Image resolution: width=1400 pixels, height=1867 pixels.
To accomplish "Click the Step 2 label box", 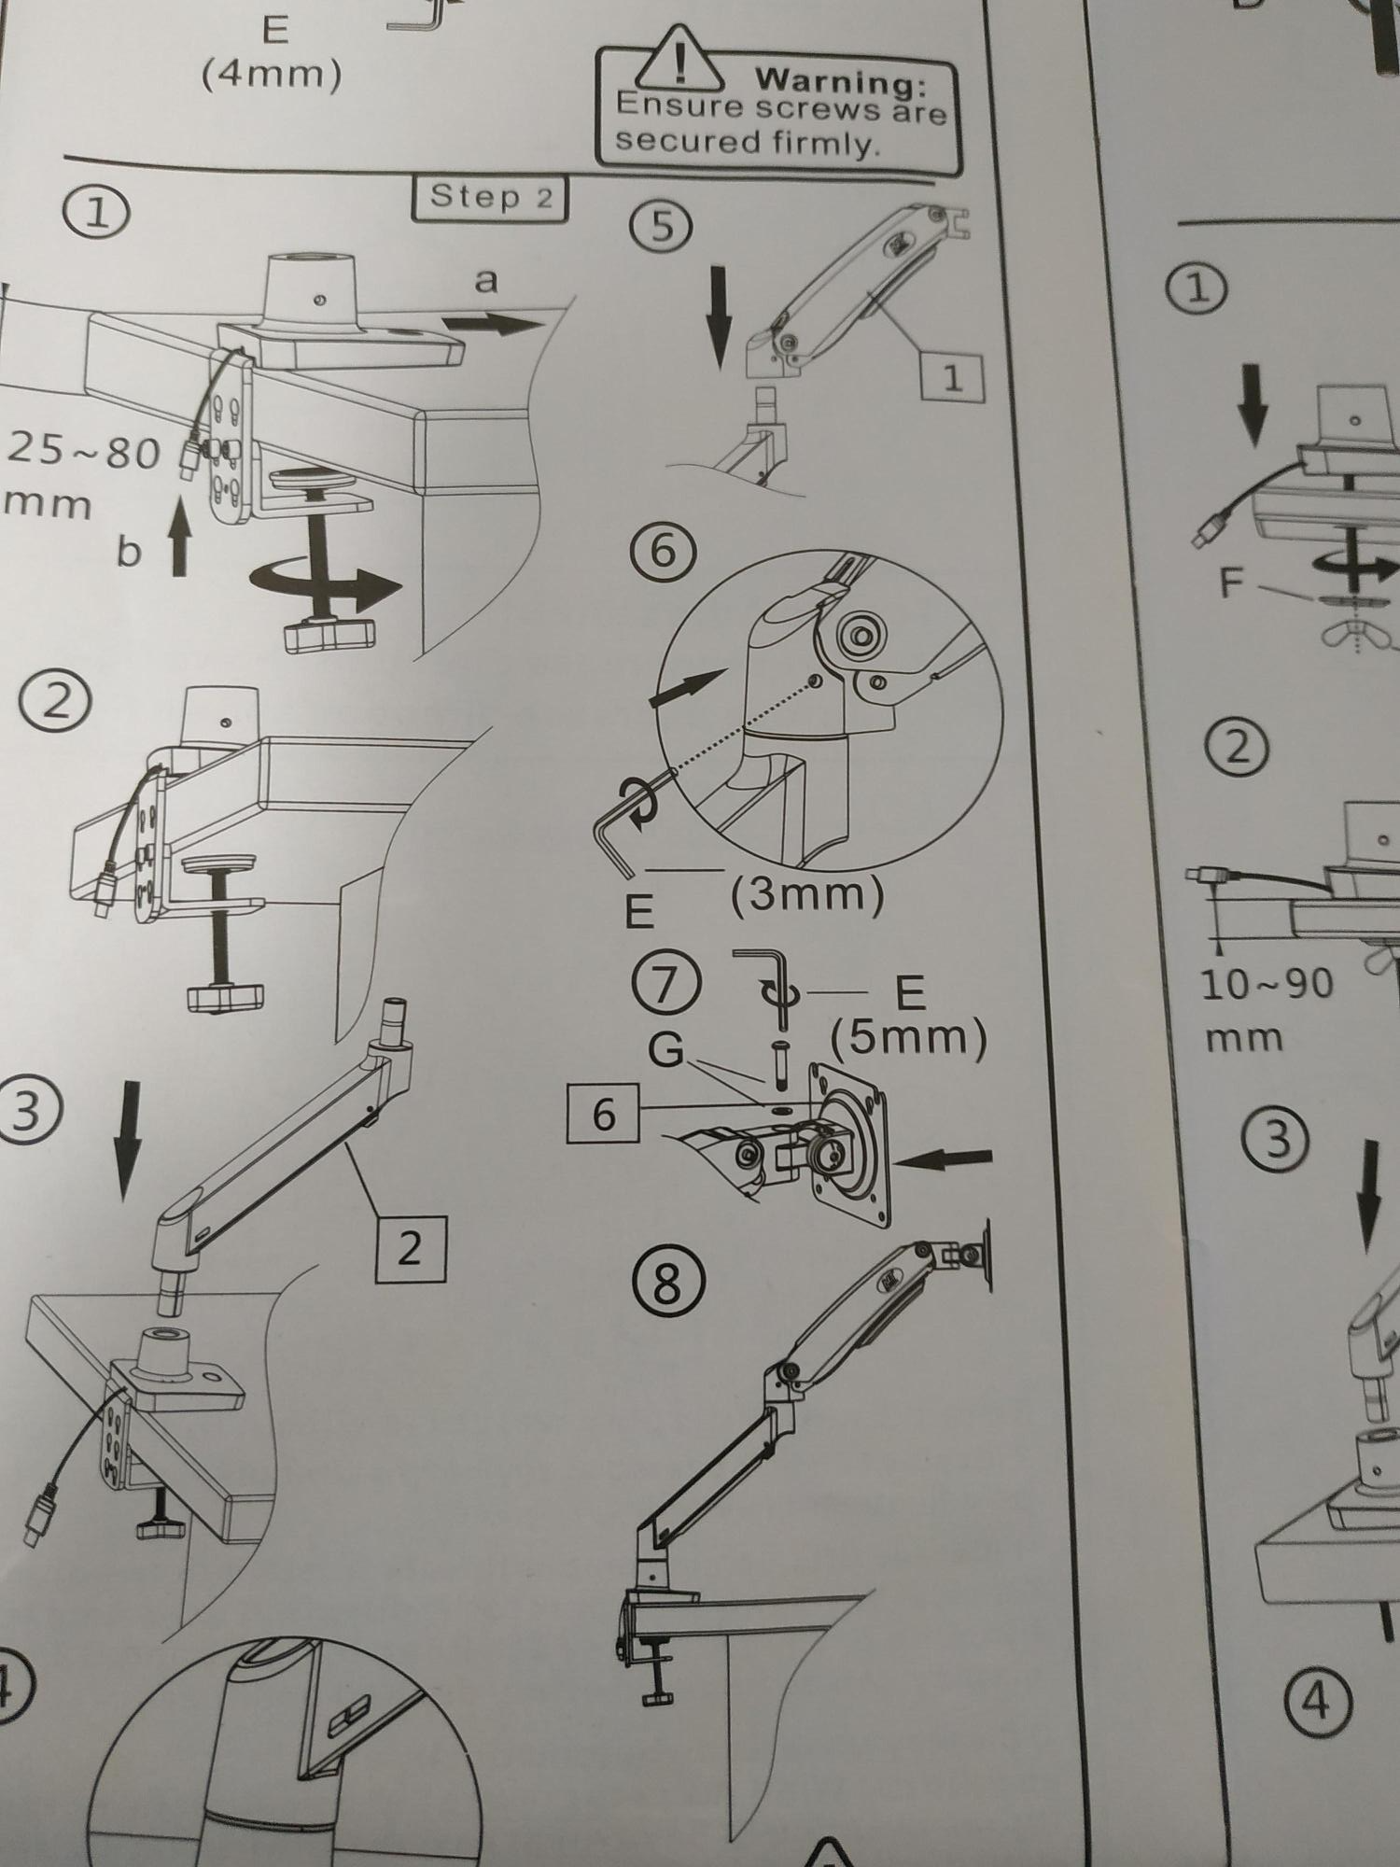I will pyautogui.click(x=490, y=198).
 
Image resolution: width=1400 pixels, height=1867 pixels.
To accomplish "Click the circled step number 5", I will pyautogui.click(x=661, y=227).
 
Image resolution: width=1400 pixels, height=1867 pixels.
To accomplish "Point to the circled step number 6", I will pyautogui.click(x=661, y=551).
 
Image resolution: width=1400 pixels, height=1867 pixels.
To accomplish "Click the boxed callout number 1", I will pyautogui.click(x=952, y=377).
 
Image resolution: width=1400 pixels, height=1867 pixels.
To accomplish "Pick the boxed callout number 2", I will pyautogui.click(x=410, y=1249).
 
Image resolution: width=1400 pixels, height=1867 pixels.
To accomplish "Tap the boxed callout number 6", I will pyautogui.click(x=603, y=1114).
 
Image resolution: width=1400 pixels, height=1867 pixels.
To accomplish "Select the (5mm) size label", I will pyautogui.click(x=908, y=1037).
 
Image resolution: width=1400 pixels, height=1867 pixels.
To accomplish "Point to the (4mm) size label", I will pyautogui.click(x=271, y=74).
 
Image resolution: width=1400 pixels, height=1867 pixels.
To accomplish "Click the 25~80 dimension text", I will pyautogui.click(x=84, y=455).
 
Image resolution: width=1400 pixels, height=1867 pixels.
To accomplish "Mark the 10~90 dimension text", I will pyautogui.click(x=1267, y=985).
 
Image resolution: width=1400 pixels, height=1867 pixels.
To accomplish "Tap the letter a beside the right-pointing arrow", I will pyautogui.click(x=486, y=280).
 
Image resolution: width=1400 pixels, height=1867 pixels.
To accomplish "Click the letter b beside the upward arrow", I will pyautogui.click(x=129, y=553).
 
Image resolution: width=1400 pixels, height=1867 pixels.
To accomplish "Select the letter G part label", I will pyautogui.click(x=665, y=1050).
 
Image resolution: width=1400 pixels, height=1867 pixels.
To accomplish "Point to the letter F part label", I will pyautogui.click(x=1232, y=583).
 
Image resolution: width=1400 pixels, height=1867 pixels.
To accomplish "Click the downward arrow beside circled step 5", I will pyautogui.click(x=719, y=316).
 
